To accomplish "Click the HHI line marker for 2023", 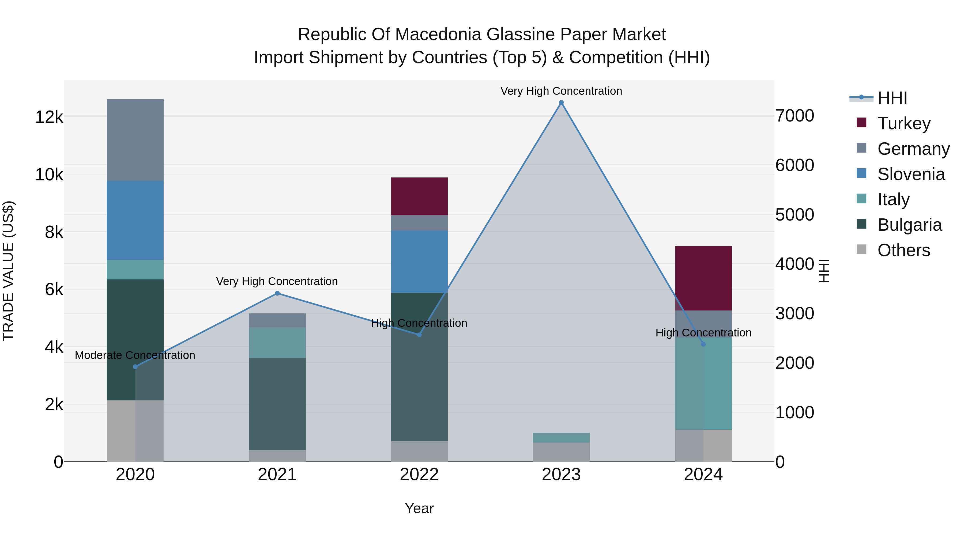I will tap(561, 103).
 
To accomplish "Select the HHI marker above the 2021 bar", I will tap(277, 293).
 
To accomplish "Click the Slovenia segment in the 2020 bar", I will tap(135, 220).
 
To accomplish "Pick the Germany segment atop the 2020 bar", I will tap(135, 140).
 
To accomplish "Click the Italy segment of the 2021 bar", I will tap(277, 342).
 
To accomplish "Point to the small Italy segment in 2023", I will tap(561, 438).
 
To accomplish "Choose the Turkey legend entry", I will tap(904, 123).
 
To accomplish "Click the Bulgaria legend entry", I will tap(909, 225).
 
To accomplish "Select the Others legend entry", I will tap(903, 250).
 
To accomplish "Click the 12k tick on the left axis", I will tap(49, 117).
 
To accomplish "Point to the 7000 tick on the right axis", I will tap(794, 116).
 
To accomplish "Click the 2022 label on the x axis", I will tap(419, 475).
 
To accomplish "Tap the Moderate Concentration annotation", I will tap(135, 355).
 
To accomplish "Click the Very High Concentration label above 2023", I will tap(561, 91).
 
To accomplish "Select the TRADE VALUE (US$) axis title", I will tap(8, 271).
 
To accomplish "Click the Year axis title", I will tap(419, 508).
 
